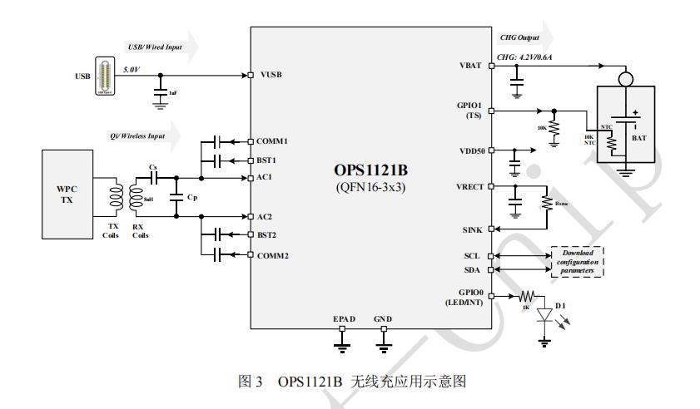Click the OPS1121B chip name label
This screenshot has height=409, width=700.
pyautogui.click(x=370, y=170)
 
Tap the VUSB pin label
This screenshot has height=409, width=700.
pyautogui.click(x=271, y=75)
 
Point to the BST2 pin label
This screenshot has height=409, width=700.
pyautogui.click(x=267, y=235)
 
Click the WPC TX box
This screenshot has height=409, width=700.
pyautogui.click(x=66, y=193)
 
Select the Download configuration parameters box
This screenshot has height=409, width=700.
pyautogui.click(x=577, y=262)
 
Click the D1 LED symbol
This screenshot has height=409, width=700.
pyautogui.click(x=545, y=316)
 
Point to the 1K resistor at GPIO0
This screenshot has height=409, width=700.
pyautogui.click(x=526, y=297)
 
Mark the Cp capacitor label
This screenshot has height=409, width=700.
pyautogui.click(x=192, y=198)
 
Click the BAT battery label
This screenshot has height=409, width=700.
pyautogui.click(x=639, y=138)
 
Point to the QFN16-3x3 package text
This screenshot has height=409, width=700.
pyautogui.click(x=370, y=187)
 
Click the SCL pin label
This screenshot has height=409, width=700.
pyautogui.click(x=473, y=256)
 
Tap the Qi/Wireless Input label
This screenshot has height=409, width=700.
pyautogui.click(x=137, y=136)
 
